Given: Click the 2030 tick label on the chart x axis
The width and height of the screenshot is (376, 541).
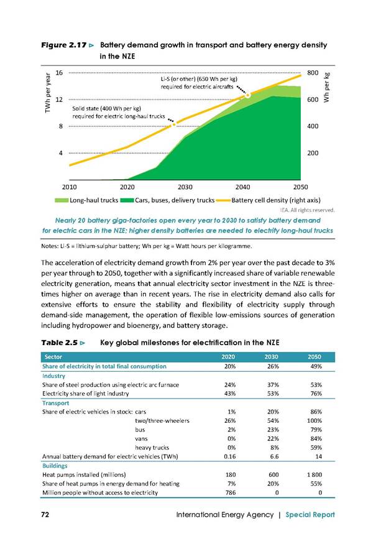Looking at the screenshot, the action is point(185,187).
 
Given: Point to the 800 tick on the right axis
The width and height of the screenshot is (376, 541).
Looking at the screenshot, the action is point(313,73).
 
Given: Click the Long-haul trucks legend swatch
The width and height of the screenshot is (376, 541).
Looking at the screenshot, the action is point(62,200).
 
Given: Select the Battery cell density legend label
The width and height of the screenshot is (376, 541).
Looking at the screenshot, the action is point(276,200).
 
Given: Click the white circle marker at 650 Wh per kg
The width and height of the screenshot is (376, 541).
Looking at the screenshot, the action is point(248,95).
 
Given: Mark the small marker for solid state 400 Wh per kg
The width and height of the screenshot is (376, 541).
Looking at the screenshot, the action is point(174,124).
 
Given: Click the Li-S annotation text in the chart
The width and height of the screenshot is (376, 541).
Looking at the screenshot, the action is point(199,83).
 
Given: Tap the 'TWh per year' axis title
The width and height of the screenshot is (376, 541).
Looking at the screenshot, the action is point(48,93).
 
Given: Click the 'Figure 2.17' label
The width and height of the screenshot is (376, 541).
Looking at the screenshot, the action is point(64,45).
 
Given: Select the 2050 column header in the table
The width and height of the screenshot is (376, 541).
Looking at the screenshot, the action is point(314,357).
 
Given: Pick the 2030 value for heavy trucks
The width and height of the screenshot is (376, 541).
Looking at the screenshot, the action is point(275,448).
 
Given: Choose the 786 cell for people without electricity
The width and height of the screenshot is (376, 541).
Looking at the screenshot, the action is point(231,492).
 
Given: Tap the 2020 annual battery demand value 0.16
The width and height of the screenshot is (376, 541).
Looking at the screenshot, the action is point(230,456).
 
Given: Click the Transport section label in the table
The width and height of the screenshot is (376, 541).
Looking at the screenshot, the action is point(55,403).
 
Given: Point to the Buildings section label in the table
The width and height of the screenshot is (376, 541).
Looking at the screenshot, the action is point(55,466).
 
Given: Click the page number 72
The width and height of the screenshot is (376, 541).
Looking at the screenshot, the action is point(45,514).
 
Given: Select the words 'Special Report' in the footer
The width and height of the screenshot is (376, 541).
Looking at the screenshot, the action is point(310,515).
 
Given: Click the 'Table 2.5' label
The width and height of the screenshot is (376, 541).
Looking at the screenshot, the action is point(59,343).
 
